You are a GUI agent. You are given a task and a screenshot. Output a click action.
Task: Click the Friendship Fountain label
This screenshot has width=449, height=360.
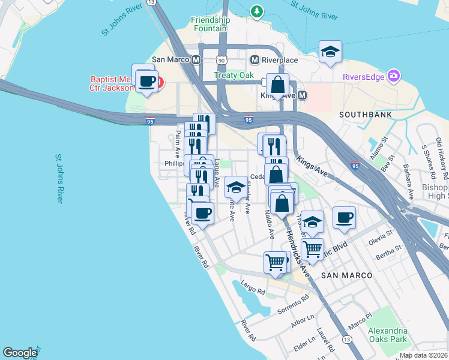click(209, 24)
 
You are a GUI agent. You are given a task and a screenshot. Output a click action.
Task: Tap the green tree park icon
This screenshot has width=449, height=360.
click(257, 11)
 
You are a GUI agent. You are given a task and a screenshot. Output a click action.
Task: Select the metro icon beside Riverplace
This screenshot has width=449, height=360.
click(255, 59)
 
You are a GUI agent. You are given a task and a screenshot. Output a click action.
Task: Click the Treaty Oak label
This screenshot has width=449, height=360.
click(232, 76)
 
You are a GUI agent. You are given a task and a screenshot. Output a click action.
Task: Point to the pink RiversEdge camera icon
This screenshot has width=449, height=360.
click(394, 76)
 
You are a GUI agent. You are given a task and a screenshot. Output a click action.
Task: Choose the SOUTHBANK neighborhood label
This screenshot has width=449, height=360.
click(365, 114)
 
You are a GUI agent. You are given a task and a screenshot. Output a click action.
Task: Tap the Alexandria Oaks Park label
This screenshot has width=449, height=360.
click(388, 335)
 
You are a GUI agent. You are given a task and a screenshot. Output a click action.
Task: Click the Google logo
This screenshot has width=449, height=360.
click(20, 353)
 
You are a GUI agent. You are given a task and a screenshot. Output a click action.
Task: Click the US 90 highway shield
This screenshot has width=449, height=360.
click(221, 60)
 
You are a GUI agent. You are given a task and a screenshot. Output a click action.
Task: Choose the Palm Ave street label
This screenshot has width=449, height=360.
click(178, 140)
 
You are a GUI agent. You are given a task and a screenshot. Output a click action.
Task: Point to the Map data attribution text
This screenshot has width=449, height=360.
click(424, 355)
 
